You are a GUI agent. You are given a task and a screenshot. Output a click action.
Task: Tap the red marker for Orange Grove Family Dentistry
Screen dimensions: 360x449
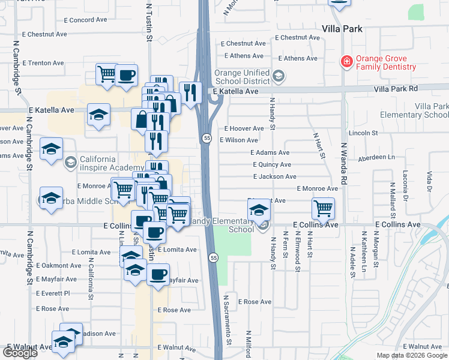(346, 61)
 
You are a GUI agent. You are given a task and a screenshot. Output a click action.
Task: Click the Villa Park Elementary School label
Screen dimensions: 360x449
(414, 110)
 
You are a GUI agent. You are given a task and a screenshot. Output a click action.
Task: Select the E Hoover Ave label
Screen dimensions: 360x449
(244, 128)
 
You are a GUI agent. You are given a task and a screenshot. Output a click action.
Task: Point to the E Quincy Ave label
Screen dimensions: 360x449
(271, 164)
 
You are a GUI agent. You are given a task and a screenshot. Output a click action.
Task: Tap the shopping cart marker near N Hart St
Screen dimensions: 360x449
(323, 208)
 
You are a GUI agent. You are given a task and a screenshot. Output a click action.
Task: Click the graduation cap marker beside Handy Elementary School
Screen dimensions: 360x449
(259, 209)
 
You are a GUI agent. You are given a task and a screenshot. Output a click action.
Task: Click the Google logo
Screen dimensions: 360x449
(20, 353)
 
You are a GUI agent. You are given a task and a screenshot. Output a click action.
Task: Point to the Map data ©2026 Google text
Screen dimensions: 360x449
(411, 355)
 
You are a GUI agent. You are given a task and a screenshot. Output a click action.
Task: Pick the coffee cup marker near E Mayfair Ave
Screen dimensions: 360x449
(158, 275)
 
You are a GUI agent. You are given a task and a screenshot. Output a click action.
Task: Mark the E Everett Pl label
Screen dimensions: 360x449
(53, 293)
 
